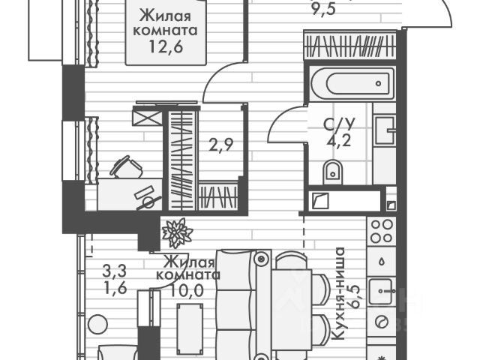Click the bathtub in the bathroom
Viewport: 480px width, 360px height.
tap(350, 82)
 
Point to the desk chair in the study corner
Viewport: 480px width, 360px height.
tap(125, 166)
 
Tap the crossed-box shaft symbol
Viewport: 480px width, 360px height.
tap(143, 118)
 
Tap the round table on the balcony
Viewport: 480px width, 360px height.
tap(96, 325)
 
